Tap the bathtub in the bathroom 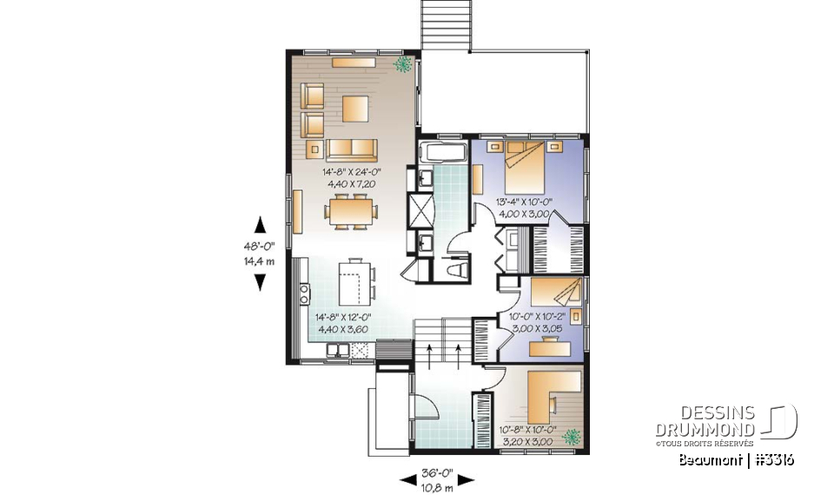443,154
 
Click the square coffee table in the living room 355,109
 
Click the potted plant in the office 571,437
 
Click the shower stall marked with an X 420,211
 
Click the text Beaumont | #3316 736,460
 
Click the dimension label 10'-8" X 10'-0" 526,429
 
